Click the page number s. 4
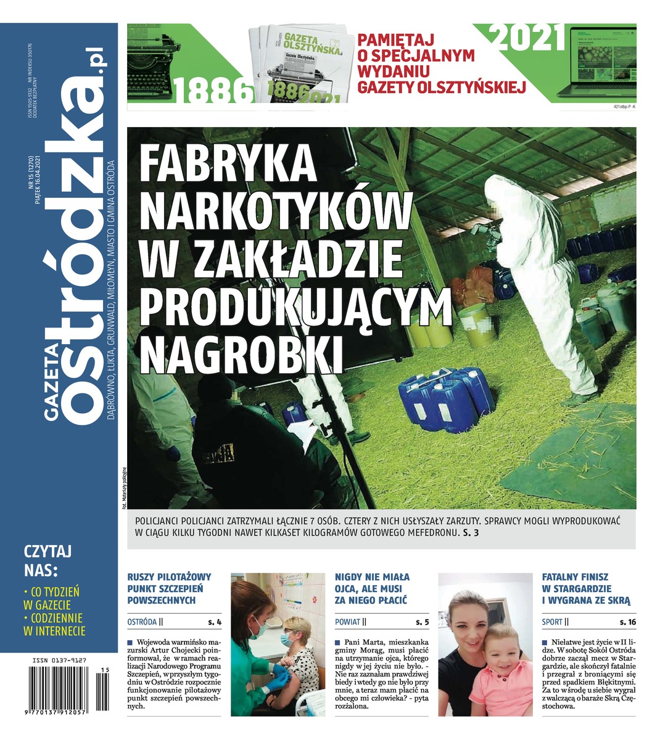coord(214,622)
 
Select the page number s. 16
coord(628,622)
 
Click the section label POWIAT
coord(347,622)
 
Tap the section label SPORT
coord(552,622)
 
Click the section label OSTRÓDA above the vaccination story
coord(141,622)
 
